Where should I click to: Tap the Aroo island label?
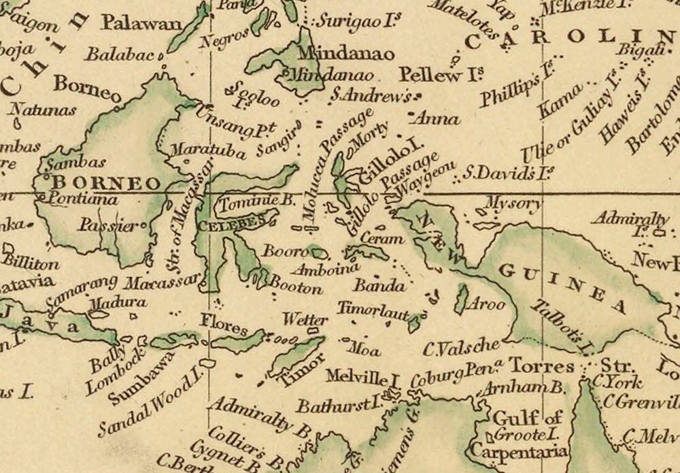487,304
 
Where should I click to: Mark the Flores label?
224,325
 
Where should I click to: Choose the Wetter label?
301,319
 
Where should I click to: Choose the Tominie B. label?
248,201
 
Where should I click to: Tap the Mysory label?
514,203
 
